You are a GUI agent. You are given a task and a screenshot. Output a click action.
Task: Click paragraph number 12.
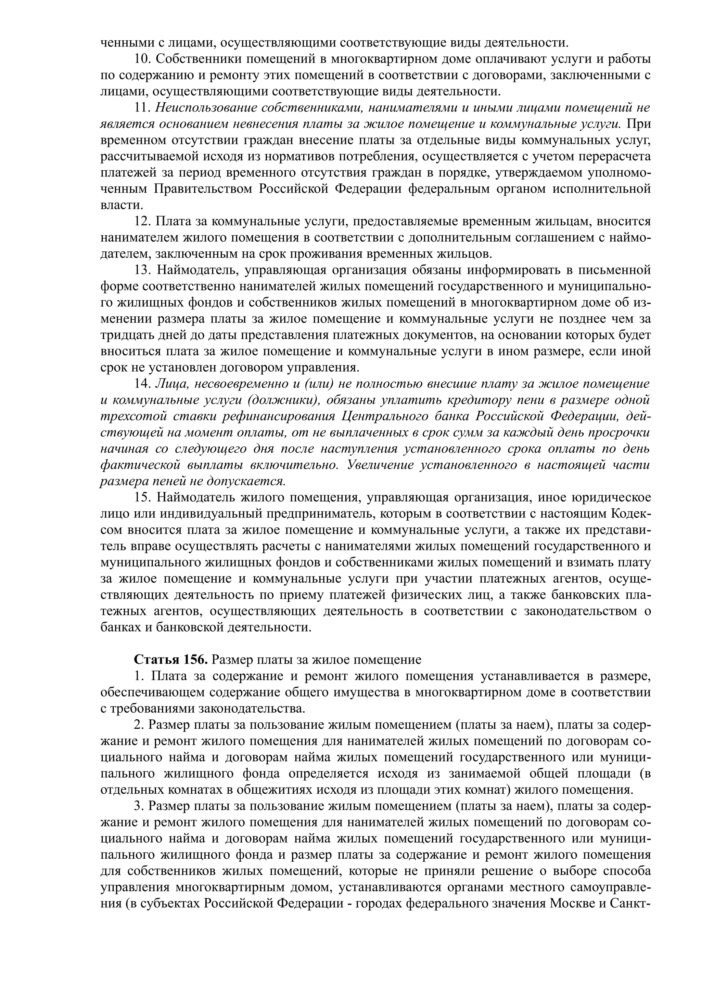coord(142,222)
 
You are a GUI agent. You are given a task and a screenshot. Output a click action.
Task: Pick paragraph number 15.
coord(142,498)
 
